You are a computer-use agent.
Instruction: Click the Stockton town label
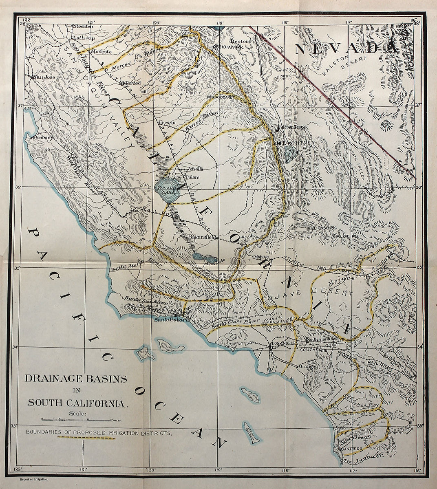pyautogui.click(x=83, y=26)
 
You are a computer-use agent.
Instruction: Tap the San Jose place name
pyautogui.click(x=44, y=77)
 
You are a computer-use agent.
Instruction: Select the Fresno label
pyautogui.click(x=167, y=123)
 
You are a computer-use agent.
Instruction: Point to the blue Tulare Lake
pyautogui.click(x=168, y=192)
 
